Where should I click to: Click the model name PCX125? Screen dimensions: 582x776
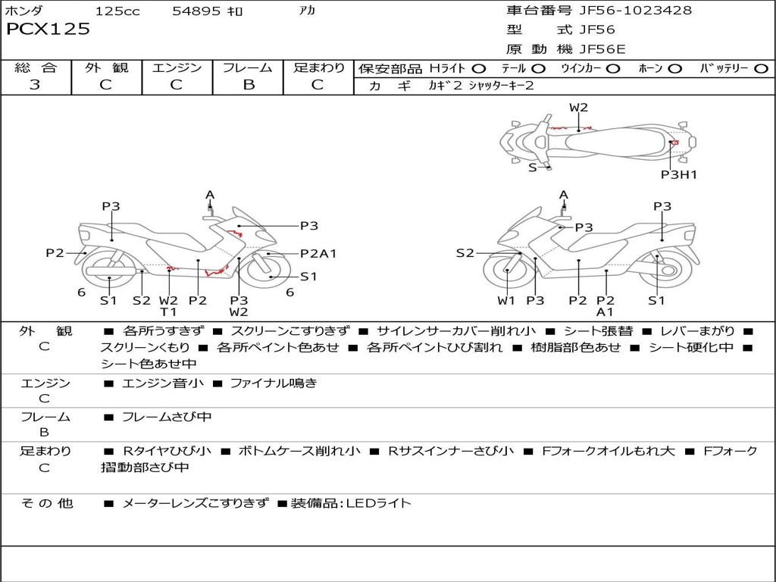48,30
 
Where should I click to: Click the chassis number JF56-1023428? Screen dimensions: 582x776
625,11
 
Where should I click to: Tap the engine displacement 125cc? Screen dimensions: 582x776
117,11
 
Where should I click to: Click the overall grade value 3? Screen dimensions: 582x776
35,84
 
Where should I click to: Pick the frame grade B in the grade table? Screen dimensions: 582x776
249,84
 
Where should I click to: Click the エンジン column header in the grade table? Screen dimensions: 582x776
177,67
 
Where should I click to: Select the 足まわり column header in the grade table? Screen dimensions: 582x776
319,67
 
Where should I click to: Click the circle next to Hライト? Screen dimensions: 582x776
479,69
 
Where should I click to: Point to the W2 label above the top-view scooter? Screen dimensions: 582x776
579,108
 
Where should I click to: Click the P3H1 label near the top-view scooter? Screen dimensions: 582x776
678,174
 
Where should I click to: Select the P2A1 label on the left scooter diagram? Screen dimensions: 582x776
318,254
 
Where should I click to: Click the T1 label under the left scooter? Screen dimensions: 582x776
168,311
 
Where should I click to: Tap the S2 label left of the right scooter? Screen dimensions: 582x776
465,253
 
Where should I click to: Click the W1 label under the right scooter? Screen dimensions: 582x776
506,301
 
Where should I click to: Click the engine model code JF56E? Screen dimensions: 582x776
602,49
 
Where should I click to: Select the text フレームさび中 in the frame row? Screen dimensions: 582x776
167,417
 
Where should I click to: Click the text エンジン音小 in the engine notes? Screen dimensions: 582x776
162,383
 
